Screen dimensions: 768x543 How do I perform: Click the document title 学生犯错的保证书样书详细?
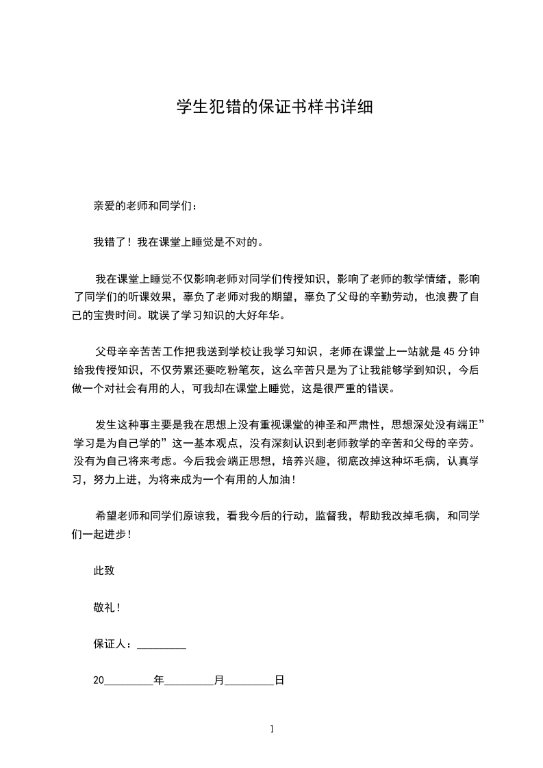click(x=275, y=107)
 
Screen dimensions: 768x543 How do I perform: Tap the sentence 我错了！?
click(x=113, y=242)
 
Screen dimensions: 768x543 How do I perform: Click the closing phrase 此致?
click(x=103, y=571)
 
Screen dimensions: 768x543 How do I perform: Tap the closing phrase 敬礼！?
click(x=107, y=607)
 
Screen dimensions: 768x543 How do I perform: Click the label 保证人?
click(x=110, y=644)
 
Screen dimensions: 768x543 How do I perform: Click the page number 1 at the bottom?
click(x=272, y=729)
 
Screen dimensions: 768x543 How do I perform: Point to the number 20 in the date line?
click(x=98, y=681)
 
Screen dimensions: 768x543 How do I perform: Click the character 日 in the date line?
click(x=279, y=681)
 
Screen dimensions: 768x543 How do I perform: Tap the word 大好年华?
click(x=260, y=316)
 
